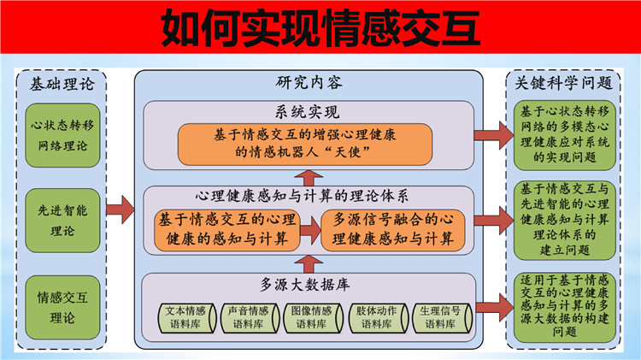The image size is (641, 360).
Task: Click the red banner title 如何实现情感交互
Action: [320, 28]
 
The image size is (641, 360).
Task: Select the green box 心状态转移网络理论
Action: [62, 135]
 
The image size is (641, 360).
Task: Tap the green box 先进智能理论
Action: [62, 221]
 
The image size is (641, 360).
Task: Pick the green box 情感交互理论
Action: [62, 307]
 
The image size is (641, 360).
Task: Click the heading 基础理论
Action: [62, 85]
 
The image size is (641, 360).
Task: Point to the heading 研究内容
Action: [309, 83]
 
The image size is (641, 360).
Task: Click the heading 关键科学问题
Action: [564, 83]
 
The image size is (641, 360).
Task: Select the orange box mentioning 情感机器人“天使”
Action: [305, 145]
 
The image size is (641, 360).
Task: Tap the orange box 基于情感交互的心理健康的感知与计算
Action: [227, 230]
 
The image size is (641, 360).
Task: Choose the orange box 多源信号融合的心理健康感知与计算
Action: [393, 230]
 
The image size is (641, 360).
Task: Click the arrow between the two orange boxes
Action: [311, 230]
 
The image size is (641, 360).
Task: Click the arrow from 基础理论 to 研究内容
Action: [121, 210]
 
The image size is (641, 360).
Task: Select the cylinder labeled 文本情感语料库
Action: [188, 318]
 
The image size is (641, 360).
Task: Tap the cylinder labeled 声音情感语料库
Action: [250, 318]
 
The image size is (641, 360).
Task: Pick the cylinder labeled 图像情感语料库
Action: [313, 318]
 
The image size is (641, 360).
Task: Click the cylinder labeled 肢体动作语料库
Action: [378, 318]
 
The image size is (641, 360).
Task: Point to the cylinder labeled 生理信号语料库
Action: [443, 318]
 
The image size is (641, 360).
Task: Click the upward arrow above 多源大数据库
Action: [309, 265]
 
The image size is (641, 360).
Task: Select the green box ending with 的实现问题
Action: [565, 135]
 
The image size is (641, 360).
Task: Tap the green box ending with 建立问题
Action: [565, 220]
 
